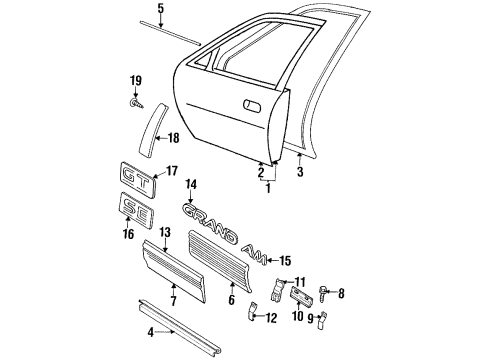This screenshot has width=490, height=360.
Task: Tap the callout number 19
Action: pyautogui.click(x=135, y=81)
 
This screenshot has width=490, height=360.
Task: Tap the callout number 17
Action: pyautogui.click(x=171, y=171)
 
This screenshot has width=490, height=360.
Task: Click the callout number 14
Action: pyautogui.click(x=190, y=183)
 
